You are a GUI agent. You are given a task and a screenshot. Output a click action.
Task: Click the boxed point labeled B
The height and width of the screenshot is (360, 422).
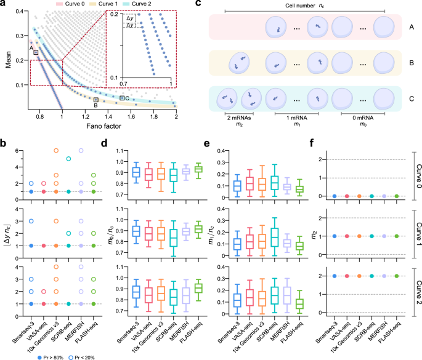click(95, 99)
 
